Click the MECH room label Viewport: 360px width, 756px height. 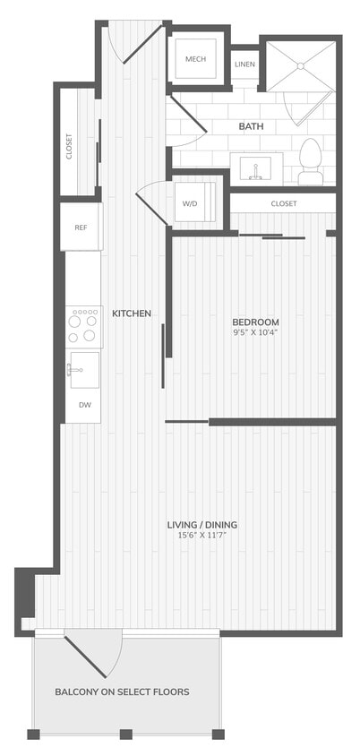(195, 59)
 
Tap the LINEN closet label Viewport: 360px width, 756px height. (244, 64)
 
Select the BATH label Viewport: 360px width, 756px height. (251, 126)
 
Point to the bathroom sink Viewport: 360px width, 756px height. (256, 167)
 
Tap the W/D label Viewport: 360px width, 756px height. (190, 204)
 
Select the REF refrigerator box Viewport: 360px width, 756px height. (81, 227)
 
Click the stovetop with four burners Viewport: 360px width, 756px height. (83, 326)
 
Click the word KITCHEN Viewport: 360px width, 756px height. (131, 314)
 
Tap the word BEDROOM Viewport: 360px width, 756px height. (255, 322)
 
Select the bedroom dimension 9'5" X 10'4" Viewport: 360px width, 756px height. (255, 334)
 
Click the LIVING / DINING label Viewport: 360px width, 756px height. (208, 524)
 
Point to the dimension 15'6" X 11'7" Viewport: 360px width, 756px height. (208, 536)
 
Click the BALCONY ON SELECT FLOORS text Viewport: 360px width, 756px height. (122, 692)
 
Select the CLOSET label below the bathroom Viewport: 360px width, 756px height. (284, 204)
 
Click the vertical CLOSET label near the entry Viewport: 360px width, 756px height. (70, 146)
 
